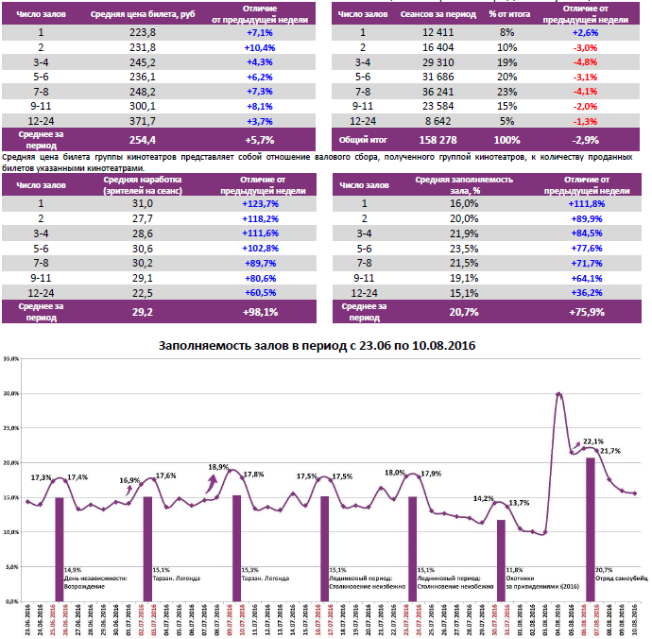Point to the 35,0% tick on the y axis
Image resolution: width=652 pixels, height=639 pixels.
tap(10, 359)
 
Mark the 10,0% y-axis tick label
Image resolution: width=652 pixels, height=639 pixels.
tap(10, 532)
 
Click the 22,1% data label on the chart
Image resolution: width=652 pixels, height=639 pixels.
tap(593, 441)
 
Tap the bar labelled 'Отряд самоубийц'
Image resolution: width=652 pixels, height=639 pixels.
tap(590, 529)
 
